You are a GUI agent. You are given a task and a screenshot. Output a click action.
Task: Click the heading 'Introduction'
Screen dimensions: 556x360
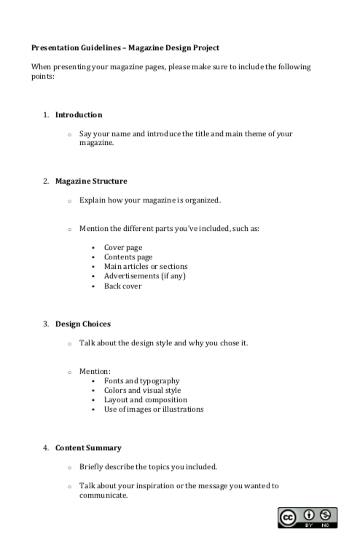(79, 115)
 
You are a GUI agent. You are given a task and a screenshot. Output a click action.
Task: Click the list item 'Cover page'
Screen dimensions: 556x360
(123, 248)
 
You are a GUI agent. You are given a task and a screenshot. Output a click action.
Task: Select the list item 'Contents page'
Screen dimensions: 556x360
(128, 257)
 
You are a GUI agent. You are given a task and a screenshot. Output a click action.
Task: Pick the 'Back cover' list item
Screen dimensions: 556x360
(123, 286)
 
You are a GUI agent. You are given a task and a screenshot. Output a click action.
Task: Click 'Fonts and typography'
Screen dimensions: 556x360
(141, 381)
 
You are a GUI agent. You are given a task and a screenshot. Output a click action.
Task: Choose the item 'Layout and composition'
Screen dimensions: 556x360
(146, 400)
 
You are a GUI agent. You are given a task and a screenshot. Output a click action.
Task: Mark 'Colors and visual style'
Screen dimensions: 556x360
(142, 391)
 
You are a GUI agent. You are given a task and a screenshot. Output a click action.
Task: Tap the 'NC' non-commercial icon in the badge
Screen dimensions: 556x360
(325, 515)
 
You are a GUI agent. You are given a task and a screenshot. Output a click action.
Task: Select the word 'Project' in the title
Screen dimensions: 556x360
(222, 48)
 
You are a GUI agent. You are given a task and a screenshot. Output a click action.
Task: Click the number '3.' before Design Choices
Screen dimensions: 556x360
(45, 324)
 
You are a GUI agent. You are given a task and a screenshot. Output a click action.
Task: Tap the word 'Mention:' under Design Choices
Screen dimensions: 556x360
(95, 372)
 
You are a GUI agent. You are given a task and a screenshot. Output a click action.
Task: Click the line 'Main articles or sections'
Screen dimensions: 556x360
(146, 267)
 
